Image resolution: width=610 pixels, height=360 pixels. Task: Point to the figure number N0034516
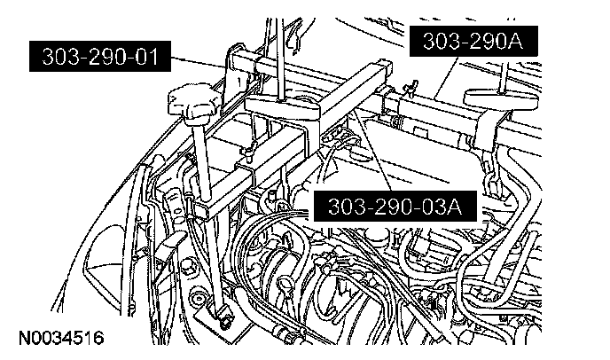[59, 338]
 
